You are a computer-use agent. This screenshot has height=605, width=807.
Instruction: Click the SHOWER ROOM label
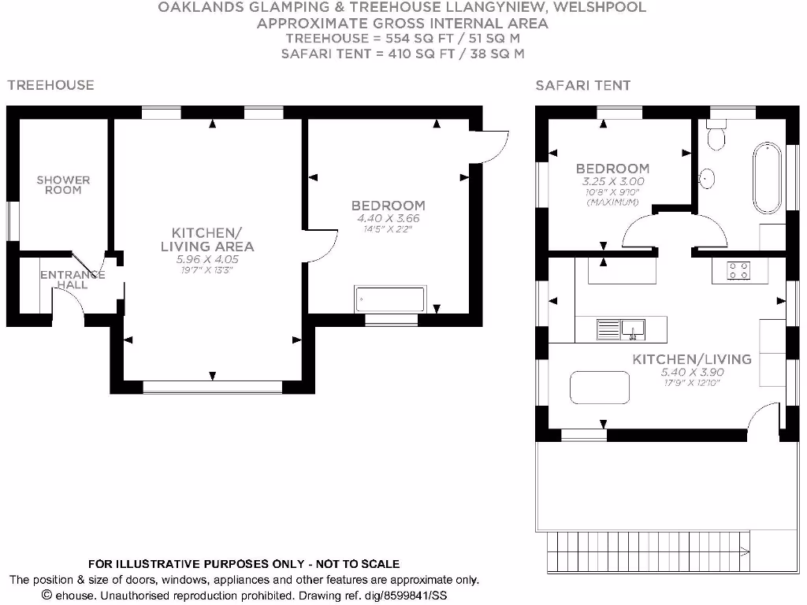pos(63,184)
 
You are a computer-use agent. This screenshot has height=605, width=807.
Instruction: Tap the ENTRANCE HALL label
pos(73,280)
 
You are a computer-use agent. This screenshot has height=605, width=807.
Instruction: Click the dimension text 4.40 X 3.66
pos(388,218)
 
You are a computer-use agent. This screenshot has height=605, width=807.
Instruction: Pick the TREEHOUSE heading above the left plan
pos(50,85)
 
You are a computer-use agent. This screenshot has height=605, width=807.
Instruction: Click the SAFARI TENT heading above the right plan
pos(583,85)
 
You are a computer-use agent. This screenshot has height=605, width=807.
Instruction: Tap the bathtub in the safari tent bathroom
pos(766,177)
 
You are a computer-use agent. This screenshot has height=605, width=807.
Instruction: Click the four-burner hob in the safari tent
pos(739,271)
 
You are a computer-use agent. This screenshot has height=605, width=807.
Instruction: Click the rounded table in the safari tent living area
pos(601,388)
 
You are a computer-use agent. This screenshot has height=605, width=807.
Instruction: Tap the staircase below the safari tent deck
pos(646,544)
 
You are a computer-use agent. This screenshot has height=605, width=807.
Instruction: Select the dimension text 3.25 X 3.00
pos(612,180)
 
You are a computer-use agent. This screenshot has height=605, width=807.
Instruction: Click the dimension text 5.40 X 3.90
pos(691,373)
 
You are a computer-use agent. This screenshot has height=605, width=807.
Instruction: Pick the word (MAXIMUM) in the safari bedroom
pos(612,202)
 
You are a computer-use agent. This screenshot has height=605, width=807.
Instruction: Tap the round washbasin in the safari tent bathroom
pos(707,177)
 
